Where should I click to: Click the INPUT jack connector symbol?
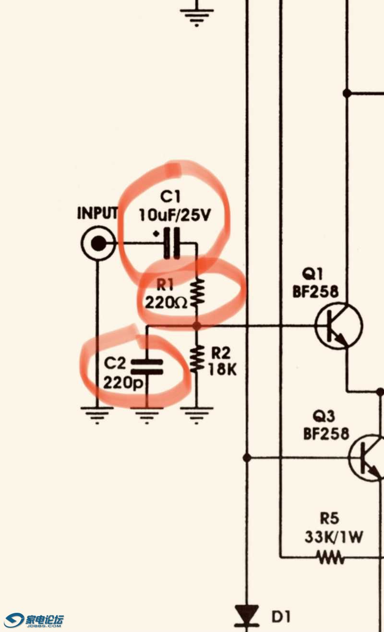98,244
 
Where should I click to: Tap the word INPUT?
97,213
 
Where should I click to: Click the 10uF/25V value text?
175,215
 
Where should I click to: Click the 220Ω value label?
166,303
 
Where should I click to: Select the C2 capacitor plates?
147,366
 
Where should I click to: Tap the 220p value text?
122,383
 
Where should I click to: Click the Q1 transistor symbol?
338,326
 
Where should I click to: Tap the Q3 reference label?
324,416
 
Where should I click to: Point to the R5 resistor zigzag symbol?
330,558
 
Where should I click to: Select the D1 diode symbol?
247,615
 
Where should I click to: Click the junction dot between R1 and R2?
197,326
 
